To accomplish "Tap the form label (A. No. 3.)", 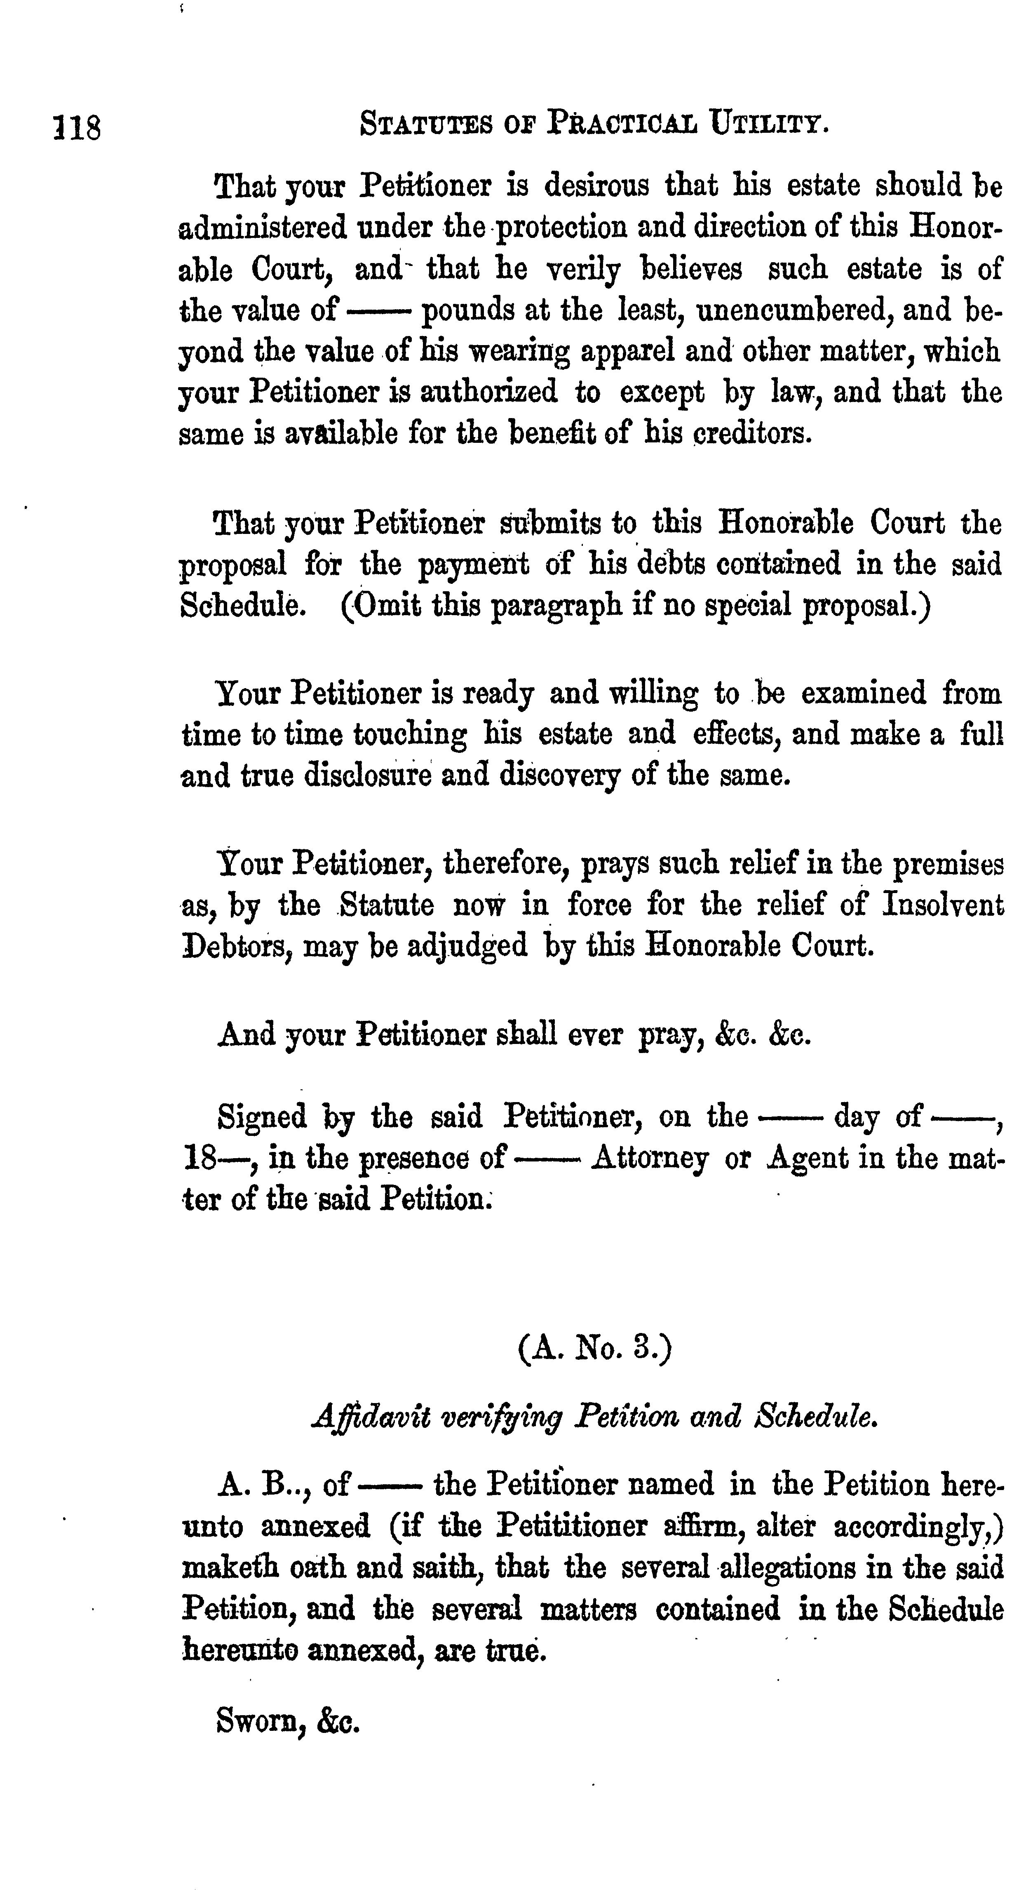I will (x=594, y=1348).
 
